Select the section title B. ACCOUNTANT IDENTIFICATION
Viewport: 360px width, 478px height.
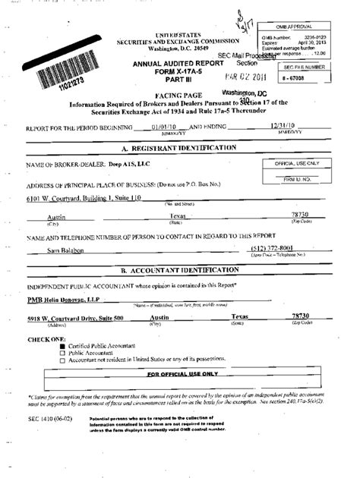click(181, 270)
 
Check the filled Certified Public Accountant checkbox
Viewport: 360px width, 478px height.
click(63, 346)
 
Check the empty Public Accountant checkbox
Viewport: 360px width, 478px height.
click(63, 353)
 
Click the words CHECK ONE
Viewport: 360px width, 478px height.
click(46, 338)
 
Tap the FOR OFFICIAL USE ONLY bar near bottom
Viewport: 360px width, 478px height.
click(183, 374)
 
